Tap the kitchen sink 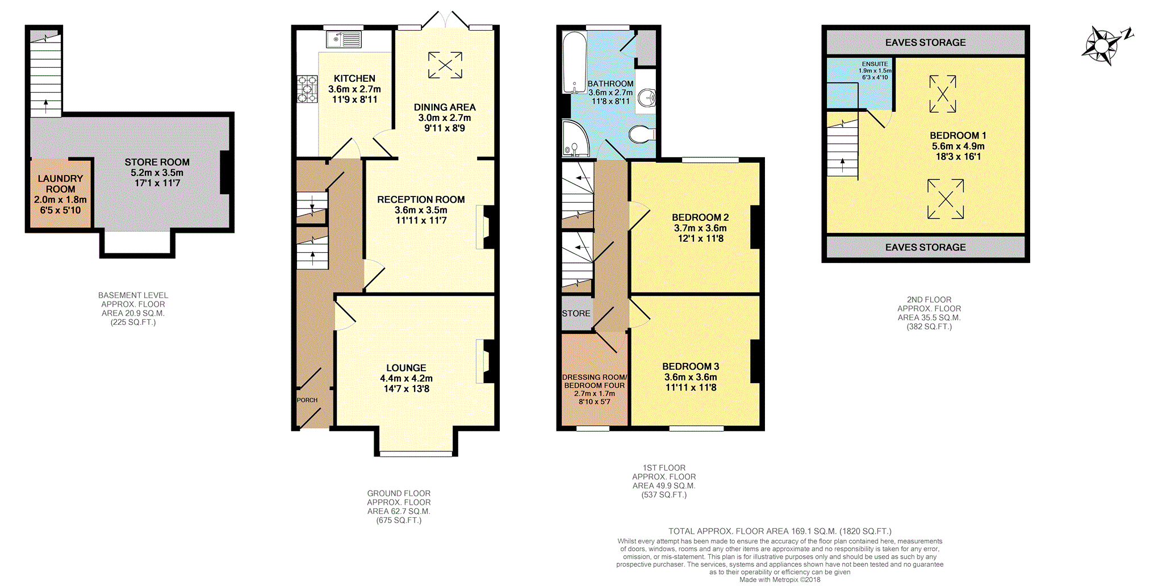click(344, 39)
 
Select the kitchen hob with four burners click(307, 89)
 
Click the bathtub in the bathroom click(574, 62)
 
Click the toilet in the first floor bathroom click(642, 135)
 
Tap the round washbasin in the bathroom click(646, 98)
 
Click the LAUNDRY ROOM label click(60, 183)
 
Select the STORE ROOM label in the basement click(157, 162)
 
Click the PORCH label click(307, 400)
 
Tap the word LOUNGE click(406, 368)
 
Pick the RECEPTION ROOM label click(421, 199)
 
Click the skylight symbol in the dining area click(445, 65)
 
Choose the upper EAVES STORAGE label click(925, 43)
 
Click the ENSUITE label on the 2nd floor click(875, 64)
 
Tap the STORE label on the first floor click(576, 313)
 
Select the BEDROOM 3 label click(691, 366)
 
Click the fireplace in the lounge click(487, 361)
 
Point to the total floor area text click(780, 531)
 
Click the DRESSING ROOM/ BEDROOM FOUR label click(595, 381)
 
